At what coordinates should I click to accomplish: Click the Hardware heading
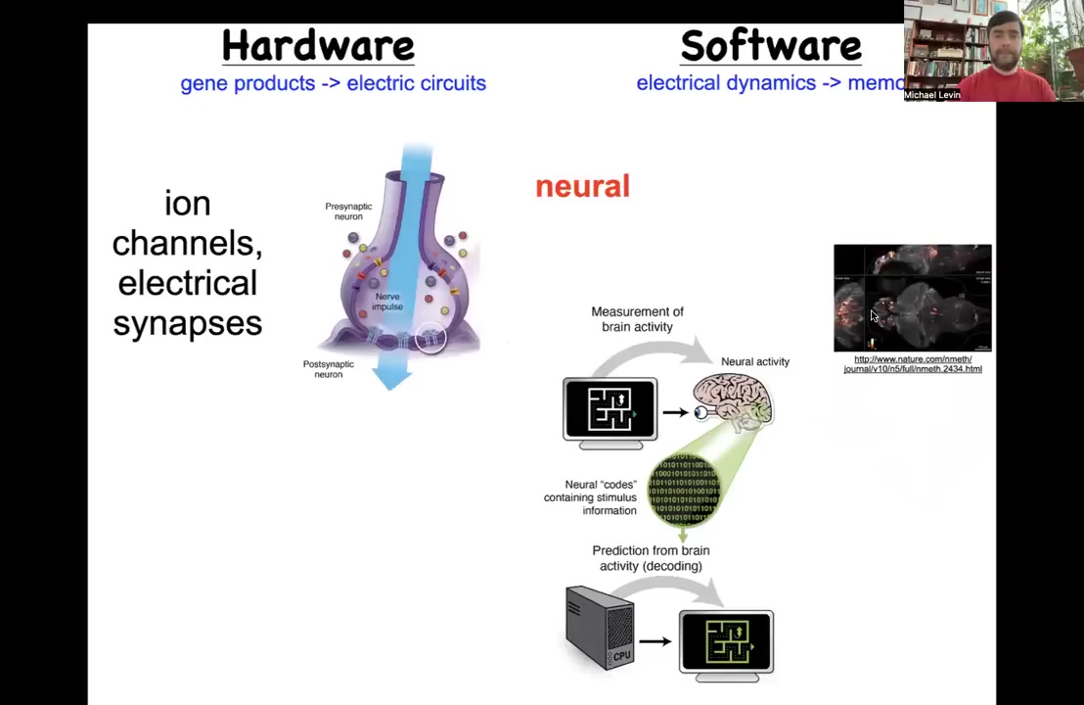point(318,46)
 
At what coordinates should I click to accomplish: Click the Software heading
point(771,46)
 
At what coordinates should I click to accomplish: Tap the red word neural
point(582,187)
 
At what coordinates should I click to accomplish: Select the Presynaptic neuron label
point(348,211)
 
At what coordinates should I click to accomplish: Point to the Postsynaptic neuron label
point(328,369)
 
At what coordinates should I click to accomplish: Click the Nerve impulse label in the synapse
point(387,302)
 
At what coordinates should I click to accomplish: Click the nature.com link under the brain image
point(913,364)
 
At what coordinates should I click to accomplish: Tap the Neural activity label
point(754,362)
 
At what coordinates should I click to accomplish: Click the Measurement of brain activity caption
point(637,319)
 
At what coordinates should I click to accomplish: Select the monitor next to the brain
point(610,412)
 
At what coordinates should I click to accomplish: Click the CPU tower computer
point(600,627)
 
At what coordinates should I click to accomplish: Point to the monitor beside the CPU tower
point(726,645)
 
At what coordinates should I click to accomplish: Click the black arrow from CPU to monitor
point(655,641)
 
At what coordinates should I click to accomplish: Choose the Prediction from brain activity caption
point(651,558)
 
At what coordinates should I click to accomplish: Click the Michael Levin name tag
point(932,95)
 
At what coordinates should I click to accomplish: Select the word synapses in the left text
point(188,323)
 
